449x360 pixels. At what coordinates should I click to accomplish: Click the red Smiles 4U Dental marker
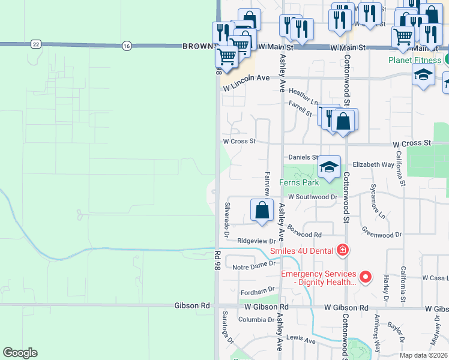pos(343,250)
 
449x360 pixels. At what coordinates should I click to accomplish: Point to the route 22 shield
pos(36,44)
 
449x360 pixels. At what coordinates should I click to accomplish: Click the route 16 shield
pos(126,46)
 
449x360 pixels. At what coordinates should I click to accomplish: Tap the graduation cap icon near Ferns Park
pos(329,167)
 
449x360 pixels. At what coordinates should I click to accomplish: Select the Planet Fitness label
pos(415,60)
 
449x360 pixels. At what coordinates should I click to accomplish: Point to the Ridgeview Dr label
pos(256,241)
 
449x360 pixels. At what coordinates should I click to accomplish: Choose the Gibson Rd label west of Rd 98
pos(192,305)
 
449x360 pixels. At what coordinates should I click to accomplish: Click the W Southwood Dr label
pos(313,197)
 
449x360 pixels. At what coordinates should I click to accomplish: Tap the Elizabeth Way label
pos(373,164)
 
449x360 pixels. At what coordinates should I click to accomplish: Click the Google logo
pos(20,353)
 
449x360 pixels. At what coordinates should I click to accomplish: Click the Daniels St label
pos(303,157)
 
